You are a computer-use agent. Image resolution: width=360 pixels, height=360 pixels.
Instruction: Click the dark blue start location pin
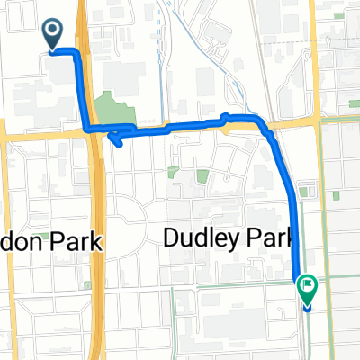coord(53,34)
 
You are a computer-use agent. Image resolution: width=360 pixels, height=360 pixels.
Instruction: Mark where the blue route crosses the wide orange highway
coord(94,131)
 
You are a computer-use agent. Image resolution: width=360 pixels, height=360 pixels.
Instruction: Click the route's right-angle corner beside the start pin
coord(79,55)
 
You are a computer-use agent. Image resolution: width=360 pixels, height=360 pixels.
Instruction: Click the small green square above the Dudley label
coord(202,176)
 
